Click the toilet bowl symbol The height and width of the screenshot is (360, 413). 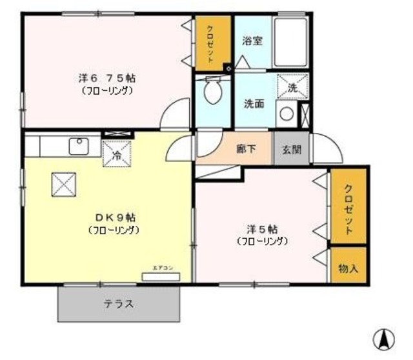click(x=212, y=92)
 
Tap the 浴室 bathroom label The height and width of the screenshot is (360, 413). click(x=252, y=41)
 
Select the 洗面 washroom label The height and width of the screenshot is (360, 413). click(x=253, y=103)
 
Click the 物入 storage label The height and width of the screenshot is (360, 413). click(x=348, y=267)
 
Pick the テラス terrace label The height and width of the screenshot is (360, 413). click(x=119, y=304)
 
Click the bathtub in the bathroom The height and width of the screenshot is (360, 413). click(x=292, y=41)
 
